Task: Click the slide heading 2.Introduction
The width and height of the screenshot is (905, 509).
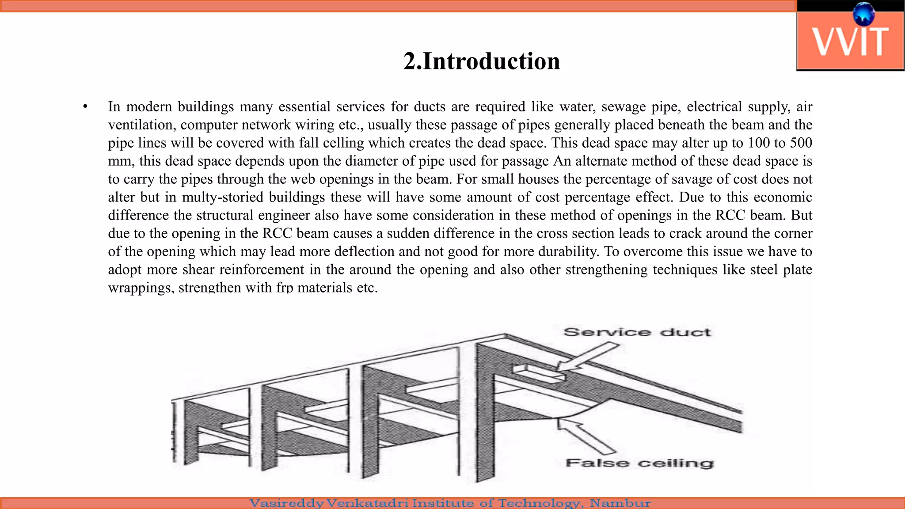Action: coord(482,61)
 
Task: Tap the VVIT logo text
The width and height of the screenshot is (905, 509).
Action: coord(850,42)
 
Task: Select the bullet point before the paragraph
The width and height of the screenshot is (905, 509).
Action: coord(85,106)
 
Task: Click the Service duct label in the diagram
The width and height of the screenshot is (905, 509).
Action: coord(637,332)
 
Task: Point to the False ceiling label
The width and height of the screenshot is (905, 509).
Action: coord(639,463)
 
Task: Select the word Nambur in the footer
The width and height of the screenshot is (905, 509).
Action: coord(620,503)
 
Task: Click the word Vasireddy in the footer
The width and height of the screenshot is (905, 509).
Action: coord(287,503)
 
